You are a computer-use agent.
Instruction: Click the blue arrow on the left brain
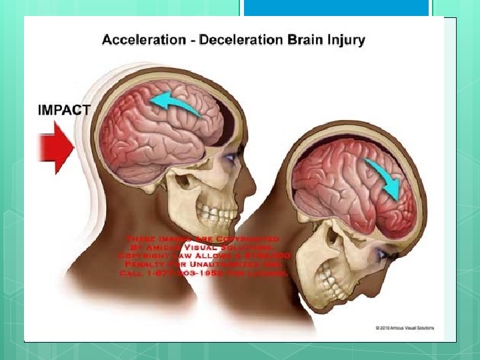[x=177, y=103]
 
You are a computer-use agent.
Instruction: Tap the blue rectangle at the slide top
[x=336, y=8]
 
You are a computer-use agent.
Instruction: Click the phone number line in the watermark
[x=203, y=273]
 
